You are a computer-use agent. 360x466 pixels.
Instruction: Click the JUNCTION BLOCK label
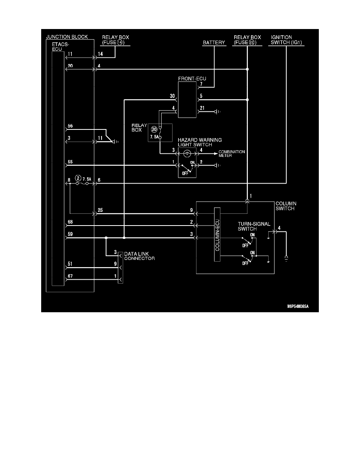click(x=67, y=37)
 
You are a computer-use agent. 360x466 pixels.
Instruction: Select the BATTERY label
click(x=214, y=43)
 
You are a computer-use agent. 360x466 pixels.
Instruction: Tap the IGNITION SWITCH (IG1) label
click(x=287, y=40)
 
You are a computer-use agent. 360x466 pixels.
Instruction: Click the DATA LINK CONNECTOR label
click(x=139, y=256)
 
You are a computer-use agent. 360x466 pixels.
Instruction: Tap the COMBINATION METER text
click(x=231, y=154)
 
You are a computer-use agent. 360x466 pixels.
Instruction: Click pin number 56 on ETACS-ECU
click(x=71, y=126)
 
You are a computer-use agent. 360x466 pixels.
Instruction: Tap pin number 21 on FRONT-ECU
click(x=202, y=108)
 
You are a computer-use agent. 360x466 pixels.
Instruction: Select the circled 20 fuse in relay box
click(x=154, y=128)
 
